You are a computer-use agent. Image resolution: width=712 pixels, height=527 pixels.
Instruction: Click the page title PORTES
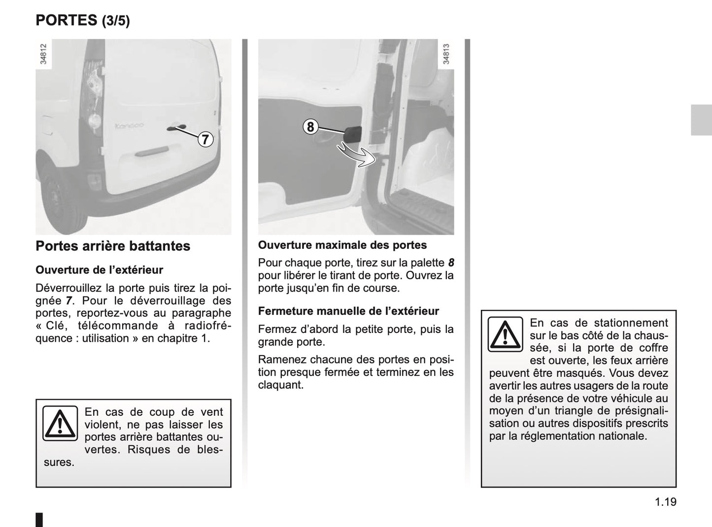tap(67, 20)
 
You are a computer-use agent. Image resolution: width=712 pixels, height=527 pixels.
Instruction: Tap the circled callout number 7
tap(205, 139)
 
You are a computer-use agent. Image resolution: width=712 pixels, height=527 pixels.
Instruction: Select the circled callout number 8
tap(310, 127)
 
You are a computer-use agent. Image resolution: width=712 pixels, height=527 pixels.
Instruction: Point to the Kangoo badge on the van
tap(129, 126)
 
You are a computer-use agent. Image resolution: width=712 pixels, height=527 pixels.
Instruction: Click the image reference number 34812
tap(43, 54)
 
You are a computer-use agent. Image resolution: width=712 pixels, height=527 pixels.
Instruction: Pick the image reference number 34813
tap(446, 54)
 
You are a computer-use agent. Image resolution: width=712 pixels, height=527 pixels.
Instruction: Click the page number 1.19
tap(666, 502)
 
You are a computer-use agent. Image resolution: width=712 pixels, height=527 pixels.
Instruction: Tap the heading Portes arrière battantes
tap(113, 246)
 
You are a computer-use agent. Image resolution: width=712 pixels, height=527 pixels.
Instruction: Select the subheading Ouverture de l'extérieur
tap(99, 270)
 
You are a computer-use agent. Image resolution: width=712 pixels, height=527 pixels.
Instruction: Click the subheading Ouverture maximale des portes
tap(342, 245)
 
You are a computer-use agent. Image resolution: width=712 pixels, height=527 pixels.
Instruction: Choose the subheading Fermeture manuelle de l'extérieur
tap(348, 311)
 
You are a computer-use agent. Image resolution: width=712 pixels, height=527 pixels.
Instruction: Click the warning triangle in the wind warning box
tap(60, 423)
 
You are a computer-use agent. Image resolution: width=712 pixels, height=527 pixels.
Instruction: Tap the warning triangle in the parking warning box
tap(505, 334)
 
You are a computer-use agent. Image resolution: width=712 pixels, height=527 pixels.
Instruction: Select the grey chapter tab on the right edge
tap(701, 120)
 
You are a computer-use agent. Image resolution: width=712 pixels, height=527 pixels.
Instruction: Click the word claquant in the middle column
tap(280, 385)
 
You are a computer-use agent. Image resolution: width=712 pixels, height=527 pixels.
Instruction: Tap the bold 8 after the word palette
tap(450, 263)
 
